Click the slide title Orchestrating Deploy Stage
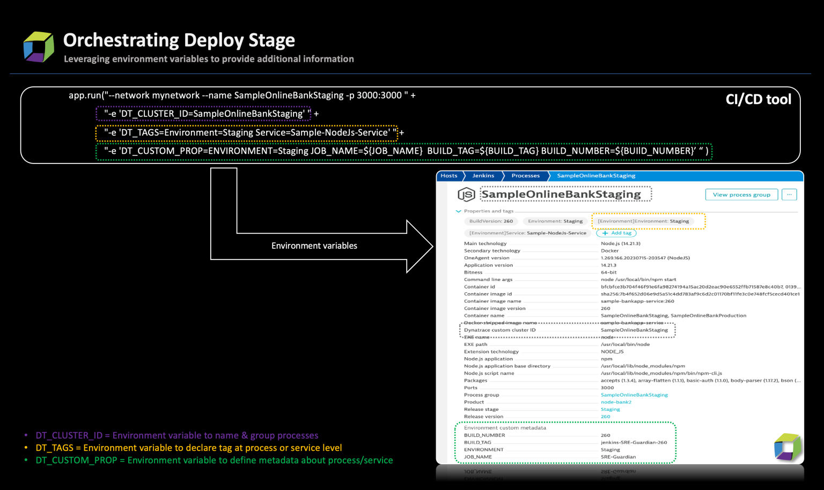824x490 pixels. pyautogui.click(x=179, y=40)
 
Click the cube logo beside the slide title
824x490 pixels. pyautogui.click(x=39, y=47)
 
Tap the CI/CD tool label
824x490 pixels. pyautogui.click(x=758, y=100)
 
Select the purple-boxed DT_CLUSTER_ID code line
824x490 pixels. pyautogui.click(x=203, y=114)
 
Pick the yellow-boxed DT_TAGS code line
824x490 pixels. pyautogui.click(x=247, y=132)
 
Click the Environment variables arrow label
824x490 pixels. pyautogui.click(x=314, y=246)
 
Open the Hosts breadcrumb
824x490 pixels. pyautogui.click(x=449, y=176)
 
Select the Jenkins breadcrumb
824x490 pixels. pyautogui.click(x=483, y=176)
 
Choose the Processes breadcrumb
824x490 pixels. pyautogui.click(x=525, y=176)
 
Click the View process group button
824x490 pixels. pyautogui.click(x=741, y=195)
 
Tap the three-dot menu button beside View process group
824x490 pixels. pyautogui.click(x=789, y=195)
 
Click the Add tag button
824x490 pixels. pyautogui.click(x=616, y=233)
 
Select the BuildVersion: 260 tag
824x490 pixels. pyautogui.click(x=491, y=221)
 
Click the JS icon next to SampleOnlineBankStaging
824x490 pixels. pyautogui.click(x=466, y=195)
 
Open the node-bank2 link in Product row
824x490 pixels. pyautogui.click(x=616, y=402)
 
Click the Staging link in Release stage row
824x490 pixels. pyautogui.click(x=610, y=409)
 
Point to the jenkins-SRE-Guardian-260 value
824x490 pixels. pyautogui.click(x=634, y=442)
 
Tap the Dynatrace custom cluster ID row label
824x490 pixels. pyautogui.click(x=499, y=330)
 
